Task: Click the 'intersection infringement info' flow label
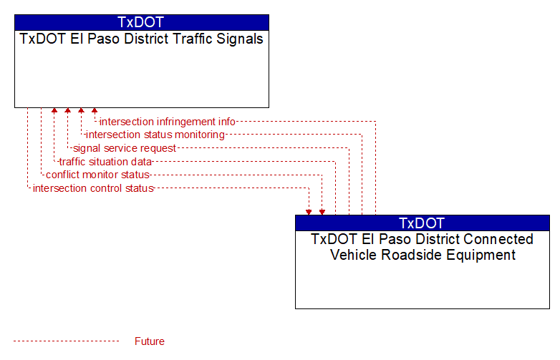(167, 122)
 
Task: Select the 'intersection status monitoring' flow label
(155, 135)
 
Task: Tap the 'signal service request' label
(125, 148)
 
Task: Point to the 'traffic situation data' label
(105, 162)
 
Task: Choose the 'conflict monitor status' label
(97, 175)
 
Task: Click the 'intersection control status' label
(93, 188)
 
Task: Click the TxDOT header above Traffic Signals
(140, 22)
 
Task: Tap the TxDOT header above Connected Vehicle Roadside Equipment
(422, 223)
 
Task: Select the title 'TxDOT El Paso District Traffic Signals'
(141, 39)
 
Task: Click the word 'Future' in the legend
(149, 341)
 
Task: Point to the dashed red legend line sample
(66, 341)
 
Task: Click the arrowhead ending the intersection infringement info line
(95, 111)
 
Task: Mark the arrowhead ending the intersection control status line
(309, 213)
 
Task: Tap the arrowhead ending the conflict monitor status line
(322, 213)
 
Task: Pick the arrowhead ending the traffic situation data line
(54, 111)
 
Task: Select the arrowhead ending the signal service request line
(67, 111)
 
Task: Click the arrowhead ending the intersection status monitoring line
(81, 111)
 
